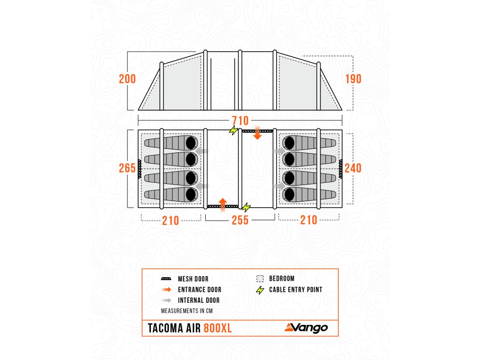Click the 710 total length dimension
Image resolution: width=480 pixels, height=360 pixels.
[x=240, y=120]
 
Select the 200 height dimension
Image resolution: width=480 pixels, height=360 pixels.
[x=127, y=79]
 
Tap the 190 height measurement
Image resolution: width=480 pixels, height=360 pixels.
[x=353, y=79]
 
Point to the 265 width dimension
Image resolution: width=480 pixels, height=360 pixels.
[x=127, y=168]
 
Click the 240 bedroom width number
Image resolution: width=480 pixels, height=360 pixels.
[x=353, y=168]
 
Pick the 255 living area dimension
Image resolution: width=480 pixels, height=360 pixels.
[x=240, y=220]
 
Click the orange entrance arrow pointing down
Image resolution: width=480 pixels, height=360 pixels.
[x=257, y=135]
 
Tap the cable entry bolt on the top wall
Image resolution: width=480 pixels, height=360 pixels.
[x=233, y=130]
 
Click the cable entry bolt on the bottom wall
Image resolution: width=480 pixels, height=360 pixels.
[x=246, y=207]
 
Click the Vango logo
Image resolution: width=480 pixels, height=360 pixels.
[x=306, y=328]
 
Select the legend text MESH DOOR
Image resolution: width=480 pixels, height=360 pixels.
[x=193, y=279]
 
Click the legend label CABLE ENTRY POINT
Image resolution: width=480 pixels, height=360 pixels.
[x=295, y=290]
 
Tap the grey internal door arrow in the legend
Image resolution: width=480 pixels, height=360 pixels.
[x=166, y=300]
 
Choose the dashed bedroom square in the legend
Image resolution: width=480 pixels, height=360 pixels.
[x=261, y=278]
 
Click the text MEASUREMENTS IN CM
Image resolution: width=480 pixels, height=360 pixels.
[x=187, y=311]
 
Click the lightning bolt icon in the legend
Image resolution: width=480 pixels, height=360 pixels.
[x=261, y=290]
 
